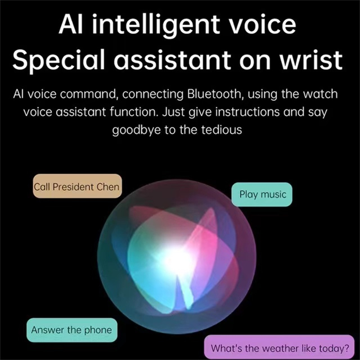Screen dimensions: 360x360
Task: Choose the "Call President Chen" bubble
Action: (77, 186)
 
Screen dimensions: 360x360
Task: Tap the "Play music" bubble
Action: (262, 194)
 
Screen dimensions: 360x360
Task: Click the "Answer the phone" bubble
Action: (71, 330)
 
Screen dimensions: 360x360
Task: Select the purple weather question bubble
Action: (280, 348)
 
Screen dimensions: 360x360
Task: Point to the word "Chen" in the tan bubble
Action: (108, 186)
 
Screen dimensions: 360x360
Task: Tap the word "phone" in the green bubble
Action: (97, 330)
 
